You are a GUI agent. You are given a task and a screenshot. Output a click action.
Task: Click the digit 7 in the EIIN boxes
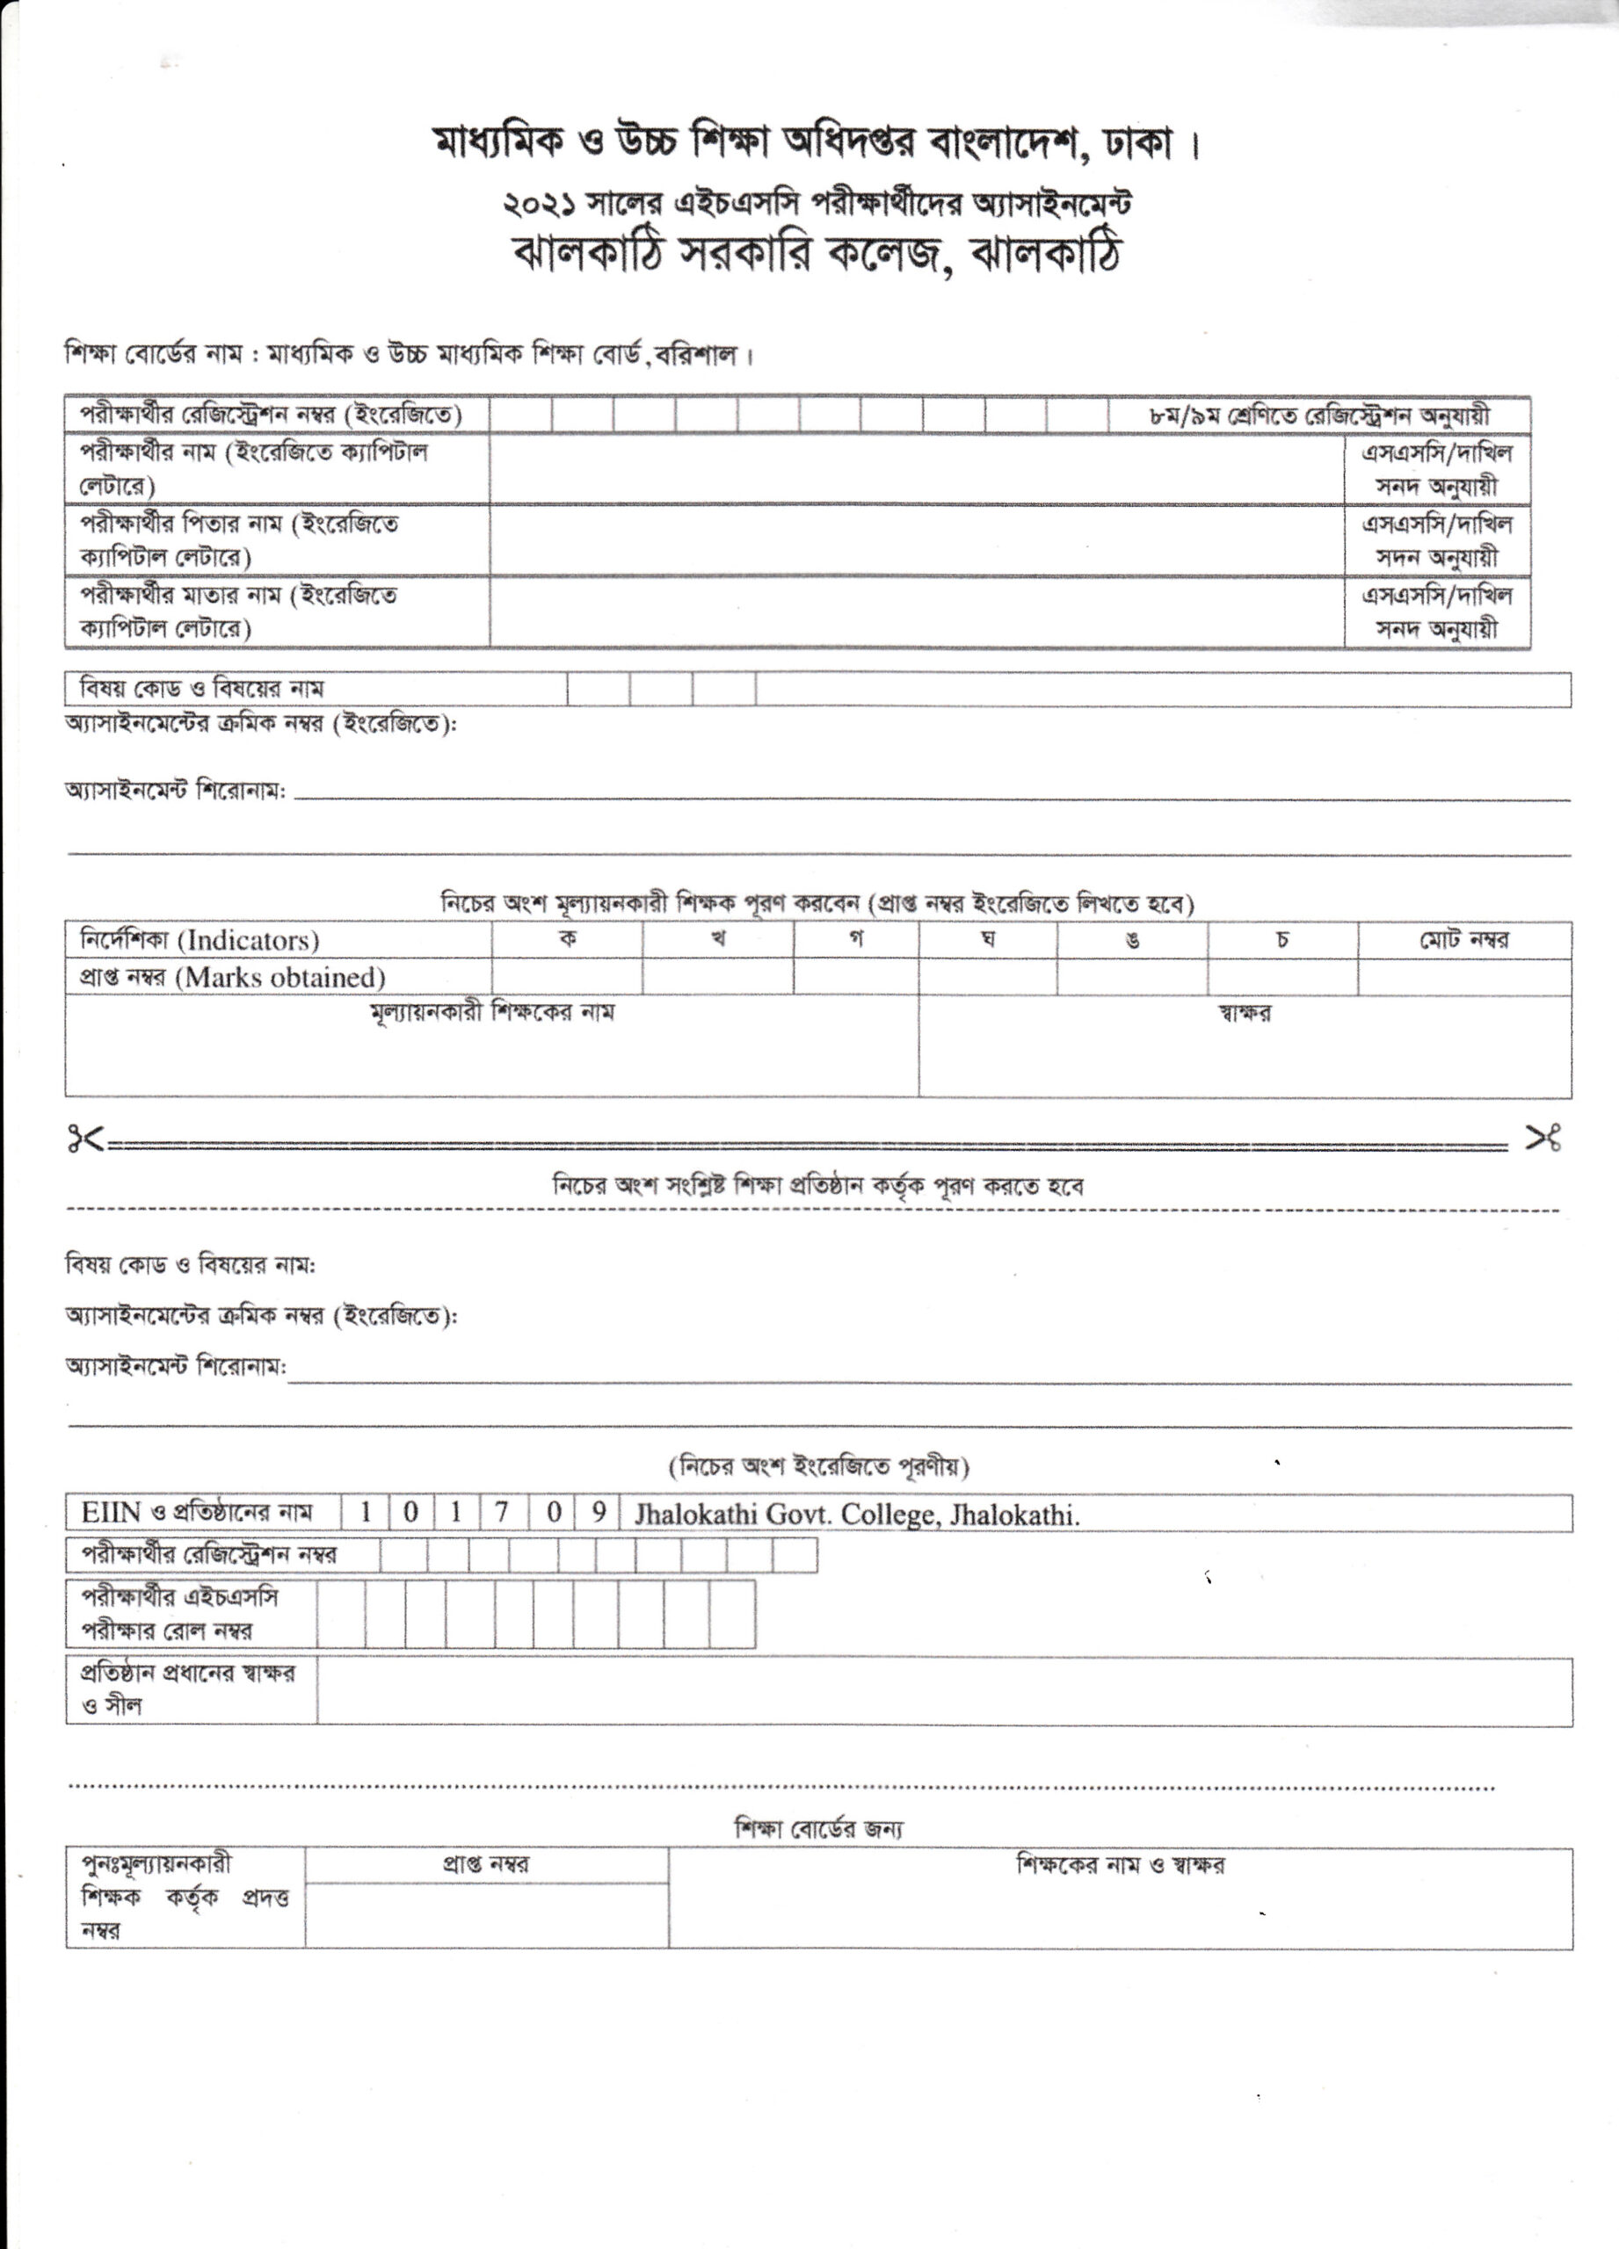502,1512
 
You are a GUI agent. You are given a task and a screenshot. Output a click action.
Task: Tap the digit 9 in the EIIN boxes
599,1512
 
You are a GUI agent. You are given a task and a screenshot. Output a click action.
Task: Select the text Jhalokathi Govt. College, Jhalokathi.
857,1515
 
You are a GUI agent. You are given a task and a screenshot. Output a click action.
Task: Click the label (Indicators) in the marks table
247,940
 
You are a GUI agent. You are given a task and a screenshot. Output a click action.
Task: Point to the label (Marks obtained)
280,978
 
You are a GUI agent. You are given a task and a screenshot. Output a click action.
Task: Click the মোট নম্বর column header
1463,940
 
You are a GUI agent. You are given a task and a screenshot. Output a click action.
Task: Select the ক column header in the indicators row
568,938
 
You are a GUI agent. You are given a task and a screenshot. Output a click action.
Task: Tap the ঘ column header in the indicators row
987,939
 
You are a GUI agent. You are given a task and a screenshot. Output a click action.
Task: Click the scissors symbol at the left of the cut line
85,1140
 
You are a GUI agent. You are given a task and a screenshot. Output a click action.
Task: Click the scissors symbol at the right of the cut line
1543,1140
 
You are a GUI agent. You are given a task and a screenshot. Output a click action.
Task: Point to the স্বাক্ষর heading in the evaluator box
1244,1014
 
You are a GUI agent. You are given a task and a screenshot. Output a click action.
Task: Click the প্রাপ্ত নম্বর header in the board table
485,1865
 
